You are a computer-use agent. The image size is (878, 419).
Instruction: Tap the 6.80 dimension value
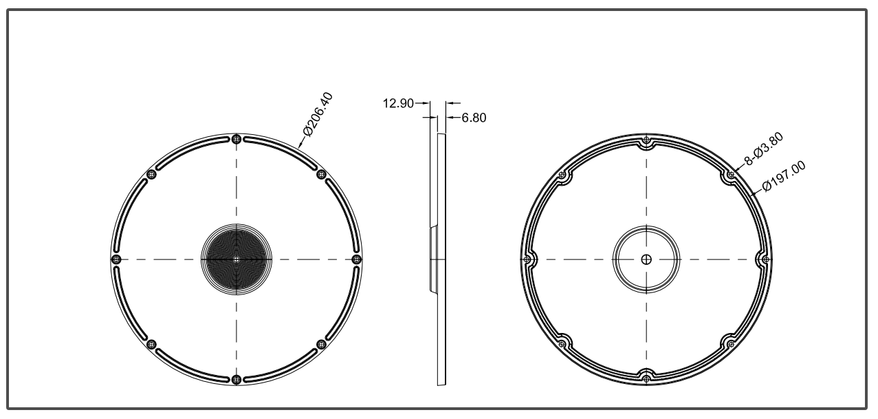(474, 118)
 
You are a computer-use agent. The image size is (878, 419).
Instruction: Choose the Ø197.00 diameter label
(784, 178)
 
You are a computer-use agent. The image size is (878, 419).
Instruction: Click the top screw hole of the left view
(237, 139)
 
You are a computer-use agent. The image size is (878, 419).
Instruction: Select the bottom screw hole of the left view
(237, 379)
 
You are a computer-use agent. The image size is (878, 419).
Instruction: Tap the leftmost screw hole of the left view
(116, 259)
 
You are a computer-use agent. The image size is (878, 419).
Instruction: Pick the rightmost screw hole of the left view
(356, 259)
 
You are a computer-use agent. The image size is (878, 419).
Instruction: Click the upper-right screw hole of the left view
(321, 174)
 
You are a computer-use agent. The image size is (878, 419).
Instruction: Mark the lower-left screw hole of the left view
(152, 344)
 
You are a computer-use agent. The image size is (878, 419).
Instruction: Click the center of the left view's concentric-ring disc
(237, 259)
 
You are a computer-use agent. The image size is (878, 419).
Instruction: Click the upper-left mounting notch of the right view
(563, 177)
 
